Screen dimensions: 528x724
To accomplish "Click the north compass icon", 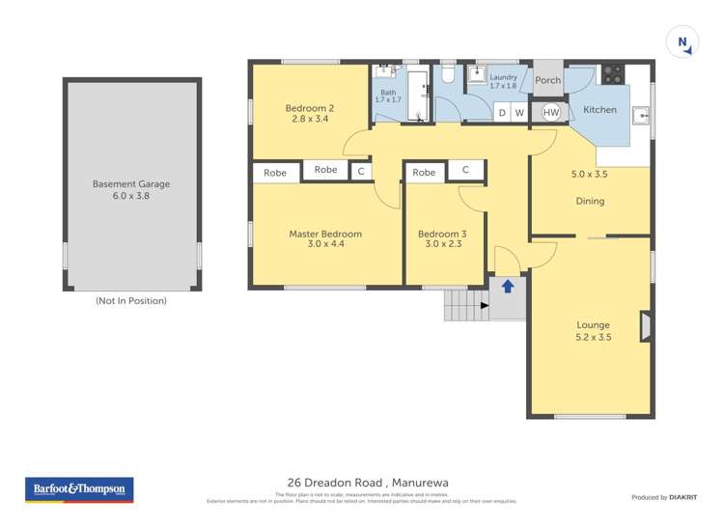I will (x=683, y=42).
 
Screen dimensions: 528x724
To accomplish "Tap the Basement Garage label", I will (x=131, y=183).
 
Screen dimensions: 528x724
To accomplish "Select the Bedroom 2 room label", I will (x=309, y=107).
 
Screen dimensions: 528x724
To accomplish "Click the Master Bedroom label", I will (x=325, y=234).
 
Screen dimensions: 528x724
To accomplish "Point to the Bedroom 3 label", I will (x=442, y=234).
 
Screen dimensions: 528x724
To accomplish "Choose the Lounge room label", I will (x=594, y=325).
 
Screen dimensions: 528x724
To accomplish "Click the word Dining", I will (x=590, y=201).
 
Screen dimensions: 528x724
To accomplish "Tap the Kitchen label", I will (x=599, y=110).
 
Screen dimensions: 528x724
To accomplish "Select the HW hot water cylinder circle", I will (x=550, y=113).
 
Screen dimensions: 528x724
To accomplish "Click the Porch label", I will (x=547, y=81).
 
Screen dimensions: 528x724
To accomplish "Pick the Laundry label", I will (x=503, y=77).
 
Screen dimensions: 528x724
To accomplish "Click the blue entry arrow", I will (x=508, y=286).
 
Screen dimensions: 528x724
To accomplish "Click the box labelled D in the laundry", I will (x=501, y=113).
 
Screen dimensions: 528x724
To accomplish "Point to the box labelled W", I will (x=519, y=113).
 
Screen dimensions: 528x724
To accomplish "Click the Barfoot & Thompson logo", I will (x=79, y=489).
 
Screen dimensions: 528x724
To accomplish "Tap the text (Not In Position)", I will (x=131, y=301).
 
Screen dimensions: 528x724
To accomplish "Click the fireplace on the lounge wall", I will (x=645, y=325).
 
